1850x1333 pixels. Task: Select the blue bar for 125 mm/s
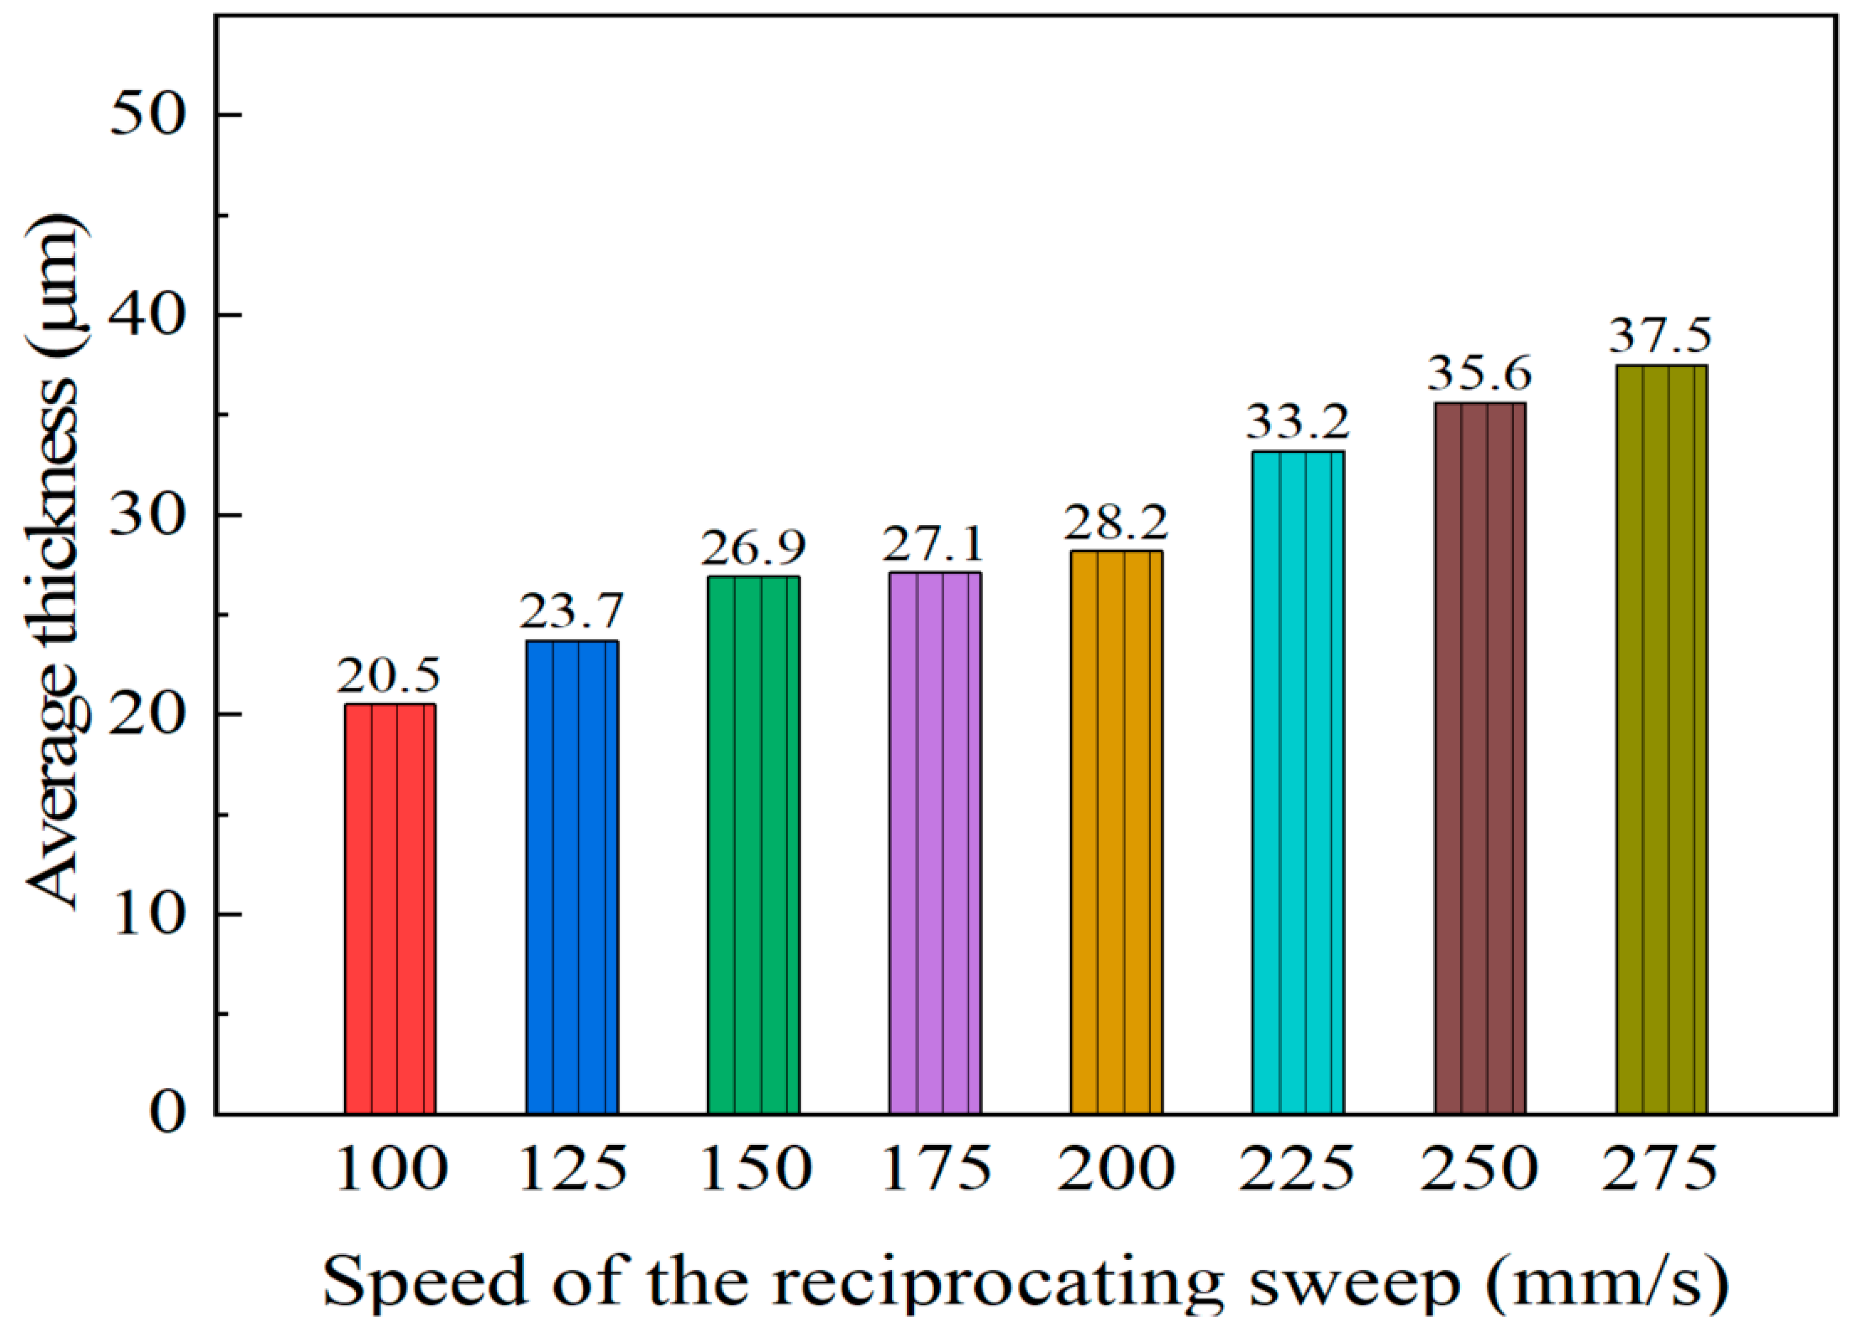point(572,877)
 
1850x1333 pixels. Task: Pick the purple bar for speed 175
point(935,843)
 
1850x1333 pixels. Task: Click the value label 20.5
point(389,676)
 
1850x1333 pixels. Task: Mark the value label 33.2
point(1298,422)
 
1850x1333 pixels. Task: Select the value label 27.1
point(934,544)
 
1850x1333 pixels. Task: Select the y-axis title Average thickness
point(53,563)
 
